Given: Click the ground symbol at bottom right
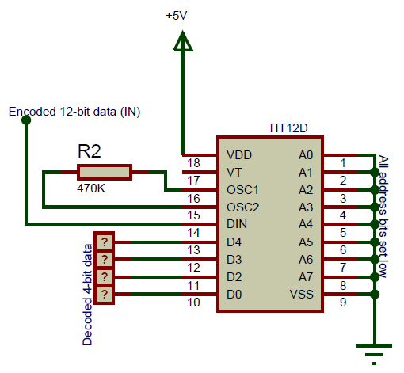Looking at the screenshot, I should pyautogui.click(x=373, y=348).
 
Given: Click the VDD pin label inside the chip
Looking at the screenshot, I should pyautogui.click(x=240, y=155).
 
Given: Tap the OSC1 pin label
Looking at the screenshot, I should pyautogui.click(x=243, y=190).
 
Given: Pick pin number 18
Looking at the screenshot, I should pyautogui.click(x=193, y=164).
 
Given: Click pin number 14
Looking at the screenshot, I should pyautogui.click(x=193, y=234).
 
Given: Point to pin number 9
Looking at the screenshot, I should pyautogui.click(x=343, y=303).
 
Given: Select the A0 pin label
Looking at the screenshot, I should pyautogui.click(x=307, y=155).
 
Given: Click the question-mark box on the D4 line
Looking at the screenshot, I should pyautogui.click(x=104, y=242).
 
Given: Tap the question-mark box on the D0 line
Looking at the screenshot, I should pyautogui.click(x=104, y=295).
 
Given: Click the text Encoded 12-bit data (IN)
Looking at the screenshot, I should pyautogui.click(x=74, y=112).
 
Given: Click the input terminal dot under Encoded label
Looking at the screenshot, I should pyautogui.click(x=26, y=120).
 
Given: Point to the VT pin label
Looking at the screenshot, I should pyautogui.click(x=234, y=173).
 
